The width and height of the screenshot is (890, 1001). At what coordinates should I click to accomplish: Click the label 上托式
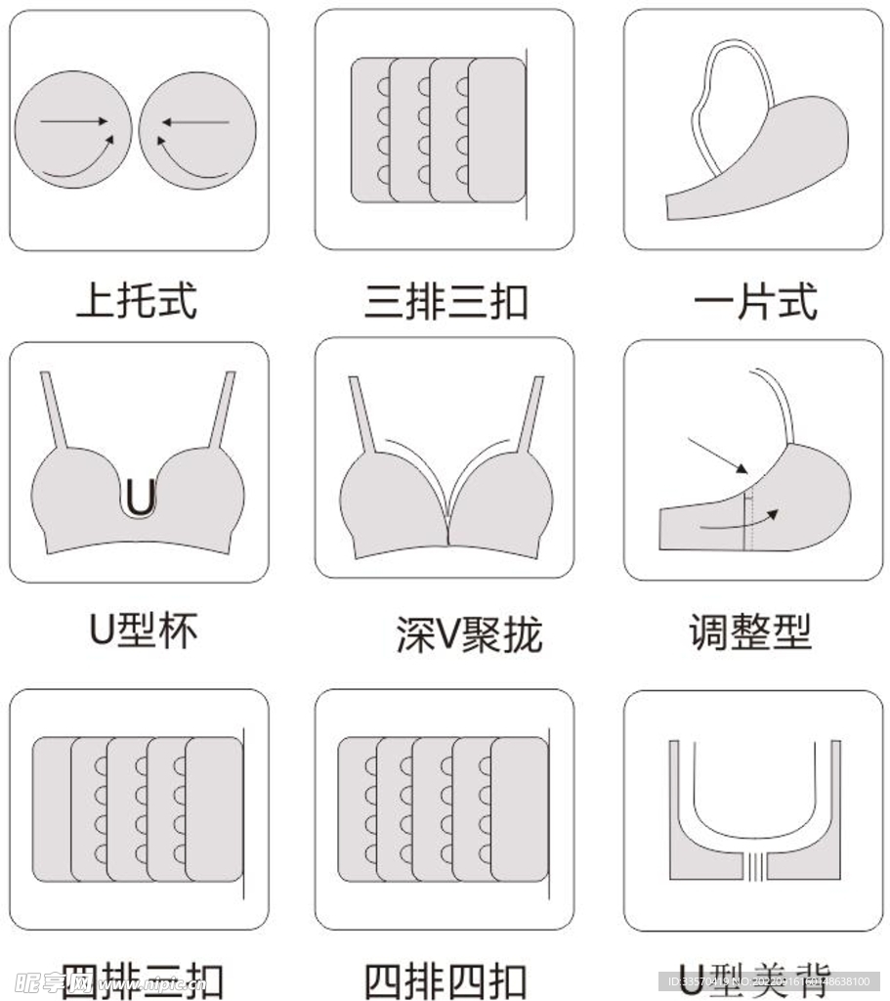click(x=137, y=300)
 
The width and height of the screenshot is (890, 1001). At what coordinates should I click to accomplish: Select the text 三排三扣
click(x=445, y=301)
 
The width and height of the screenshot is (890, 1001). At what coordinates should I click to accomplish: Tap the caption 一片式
click(x=754, y=301)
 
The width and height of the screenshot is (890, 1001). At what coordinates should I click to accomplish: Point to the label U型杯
click(x=143, y=631)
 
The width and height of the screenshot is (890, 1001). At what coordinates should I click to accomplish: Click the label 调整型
click(x=750, y=632)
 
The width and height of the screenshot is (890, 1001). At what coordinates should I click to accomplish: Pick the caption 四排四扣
click(x=445, y=980)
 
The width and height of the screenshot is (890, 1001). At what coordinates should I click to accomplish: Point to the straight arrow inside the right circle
click(x=195, y=122)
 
